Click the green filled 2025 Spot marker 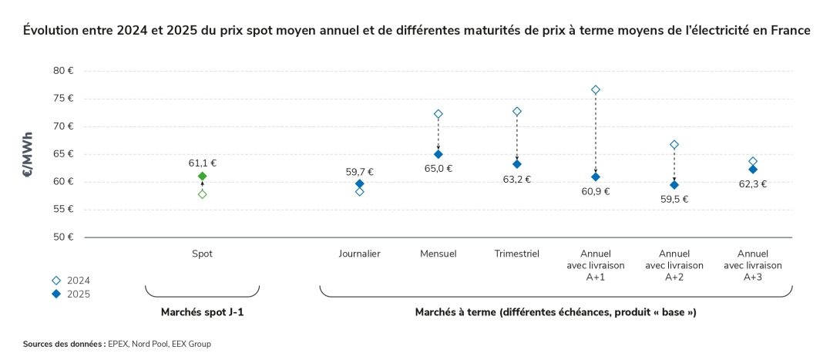pyautogui.click(x=203, y=177)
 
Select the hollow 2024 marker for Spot pyautogui.click(x=203, y=194)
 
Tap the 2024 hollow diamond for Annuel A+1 pyautogui.click(x=596, y=90)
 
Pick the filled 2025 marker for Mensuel pyautogui.click(x=438, y=154)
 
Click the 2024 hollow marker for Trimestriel pyautogui.click(x=517, y=112)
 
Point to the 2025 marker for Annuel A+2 pyautogui.click(x=674, y=185)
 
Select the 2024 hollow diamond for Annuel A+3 pyautogui.click(x=753, y=161)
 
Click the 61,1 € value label pyautogui.click(x=203, y=163)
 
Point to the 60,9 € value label pyautogui.click(x=596, y=191)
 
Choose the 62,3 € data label pyautogui.click(x=753, y=184)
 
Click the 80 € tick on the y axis pyautogui.click(x=63, y=71)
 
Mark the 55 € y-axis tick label pyautogui.click(x=63, y=210)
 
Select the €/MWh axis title pyautogui.click(x=28, y=154)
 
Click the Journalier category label pyautogui.click(x=359, y=253)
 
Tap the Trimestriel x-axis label pyautogui.click(x=516, y=253)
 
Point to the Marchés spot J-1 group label pyautogui.click(x=203, y=312)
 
